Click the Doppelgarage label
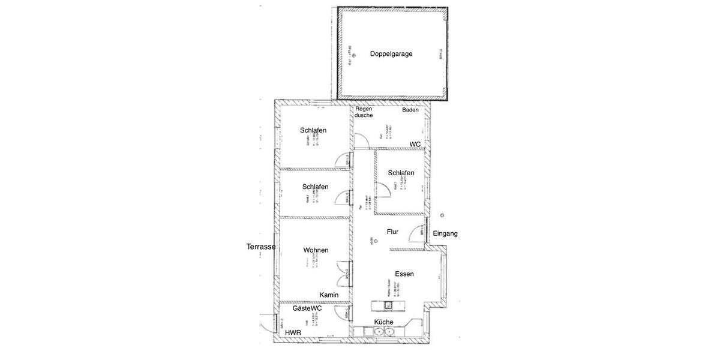391,54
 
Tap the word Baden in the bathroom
410,110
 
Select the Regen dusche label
364,112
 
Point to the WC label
415,145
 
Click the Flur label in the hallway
392,232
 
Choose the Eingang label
445,233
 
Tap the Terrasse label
261,247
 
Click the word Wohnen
316,250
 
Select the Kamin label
329,295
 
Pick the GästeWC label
307,308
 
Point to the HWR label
293,332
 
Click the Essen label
404,274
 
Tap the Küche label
384,322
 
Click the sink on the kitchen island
388,305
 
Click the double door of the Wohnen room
344,274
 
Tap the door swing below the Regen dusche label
362,141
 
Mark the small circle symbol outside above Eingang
442,215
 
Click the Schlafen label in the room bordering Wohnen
315,187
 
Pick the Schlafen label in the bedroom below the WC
401,173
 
